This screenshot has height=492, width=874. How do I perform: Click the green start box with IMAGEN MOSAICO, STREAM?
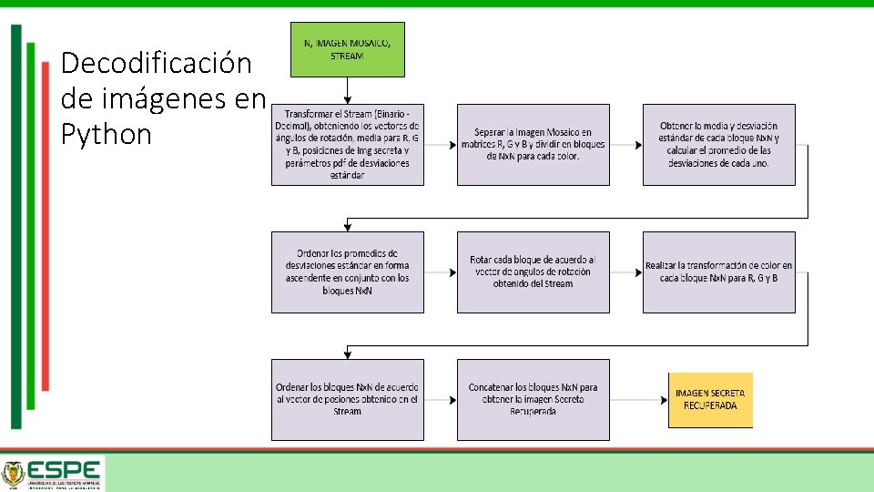pyautogui.click(x=347, y=49)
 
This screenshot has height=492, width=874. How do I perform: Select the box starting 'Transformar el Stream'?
pyautogui.click(x=347, y=145)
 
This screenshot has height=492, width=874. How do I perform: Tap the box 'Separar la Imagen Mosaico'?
pyautogui.click(x=533, y=145)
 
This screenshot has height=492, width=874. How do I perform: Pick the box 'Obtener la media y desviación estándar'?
pyautogui.click(x=718, y=145)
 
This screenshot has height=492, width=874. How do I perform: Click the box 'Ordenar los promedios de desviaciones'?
pyautogui.click(x=347, y=272)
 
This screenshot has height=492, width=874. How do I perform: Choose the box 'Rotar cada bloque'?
pyautogui.click(x=533, y=272)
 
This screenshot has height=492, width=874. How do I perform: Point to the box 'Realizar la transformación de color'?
pyautogui.click(x=718, y=272)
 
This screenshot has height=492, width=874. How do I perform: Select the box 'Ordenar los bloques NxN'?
pyautogui.click(x=347, y=399)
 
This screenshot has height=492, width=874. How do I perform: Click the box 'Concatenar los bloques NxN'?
pyautogui.click(x=533, y=399)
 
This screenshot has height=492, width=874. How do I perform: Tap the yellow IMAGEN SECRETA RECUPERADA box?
pyautogui.click(x=710, y=399)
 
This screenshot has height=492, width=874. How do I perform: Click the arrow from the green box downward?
pyautogui.click(x=347, y=90)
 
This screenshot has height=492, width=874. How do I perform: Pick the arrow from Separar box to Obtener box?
pyautogui.click(x=625, y=145)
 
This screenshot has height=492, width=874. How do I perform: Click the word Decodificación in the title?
pyautogui.click(x=156, y=64)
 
